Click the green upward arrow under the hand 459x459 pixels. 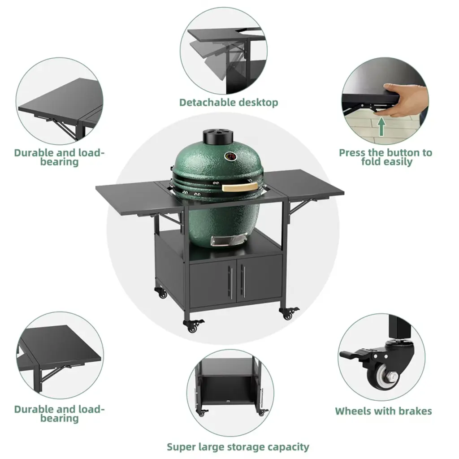pyautogui.click(x=381, y=126)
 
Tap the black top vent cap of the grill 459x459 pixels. pyautogui.click(x=219, y=136)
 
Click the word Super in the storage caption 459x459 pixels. pyautogui.click(x=182, y=447)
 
